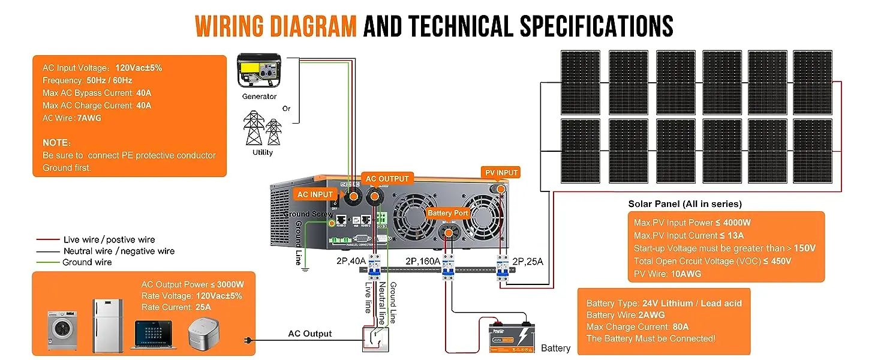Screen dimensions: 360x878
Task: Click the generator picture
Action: [258, 71]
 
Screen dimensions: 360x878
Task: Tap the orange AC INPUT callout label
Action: [315, 194]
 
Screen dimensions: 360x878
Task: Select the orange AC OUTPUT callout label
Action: [387, 179]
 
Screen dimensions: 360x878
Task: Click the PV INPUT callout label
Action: [501, 173]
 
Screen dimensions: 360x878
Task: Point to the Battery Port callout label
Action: [447, 213]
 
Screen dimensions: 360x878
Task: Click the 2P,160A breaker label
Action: [423, 262]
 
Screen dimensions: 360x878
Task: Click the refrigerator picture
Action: [107, 326]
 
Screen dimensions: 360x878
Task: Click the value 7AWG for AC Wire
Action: [89, 118]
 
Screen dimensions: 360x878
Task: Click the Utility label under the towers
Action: [263, 152]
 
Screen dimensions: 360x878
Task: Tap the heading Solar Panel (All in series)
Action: [685, 204]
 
